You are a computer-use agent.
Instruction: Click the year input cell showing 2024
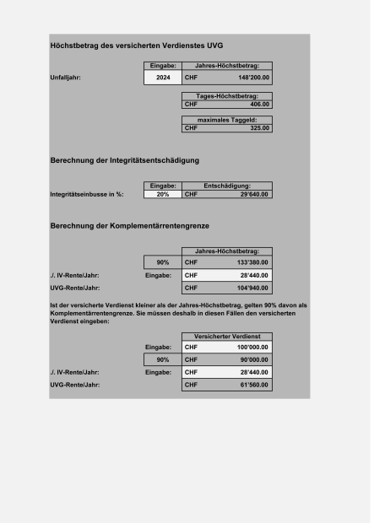coord(162,77)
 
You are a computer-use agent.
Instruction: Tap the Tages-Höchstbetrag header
coord(227,96)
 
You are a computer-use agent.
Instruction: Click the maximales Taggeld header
coord(227,121)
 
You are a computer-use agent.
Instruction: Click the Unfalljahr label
coord(72,77)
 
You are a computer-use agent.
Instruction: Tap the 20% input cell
coord(162,193)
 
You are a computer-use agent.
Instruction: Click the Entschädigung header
coord(227,186)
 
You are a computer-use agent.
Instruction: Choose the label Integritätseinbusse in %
coord(87,193)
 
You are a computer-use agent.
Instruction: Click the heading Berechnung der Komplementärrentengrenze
coord(129,225)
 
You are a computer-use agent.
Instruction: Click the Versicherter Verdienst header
coord(227,337)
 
